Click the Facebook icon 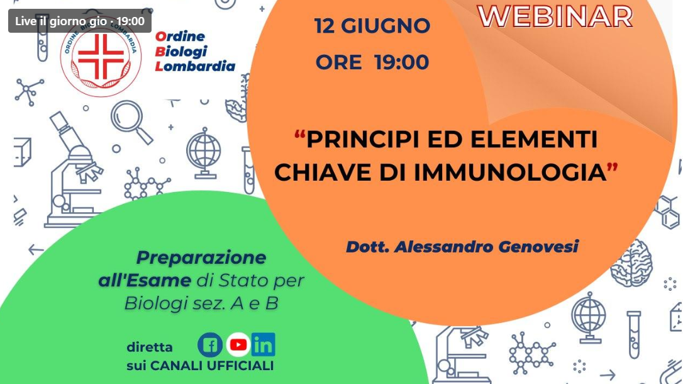pyautogui.click(x=210, y=345)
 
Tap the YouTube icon pyautogui.click(x=238, y=345)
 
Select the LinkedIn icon pyautogui.click(x=263, y=345)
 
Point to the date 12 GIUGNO pyautogui.click(x=372, y=26)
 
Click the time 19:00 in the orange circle pyautogui.click(x=401, y=62)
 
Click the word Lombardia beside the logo pyautogui.click(x=195, y=66)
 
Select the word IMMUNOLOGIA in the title pyautogui.click(x=509, y=172)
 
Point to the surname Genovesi pyautogui.click(x=538, y=247)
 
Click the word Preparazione pyautogui.click(x=201, y=257)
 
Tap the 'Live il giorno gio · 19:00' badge pyautogui.click(x=80, y=21)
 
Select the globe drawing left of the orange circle pyautogui.click(x=204, y=153)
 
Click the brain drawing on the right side pyautogui.click(x=631, y=263)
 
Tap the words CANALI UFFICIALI pyautogui.click(x=212, y=366)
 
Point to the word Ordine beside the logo pyautogui.click(x=180, y=36)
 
